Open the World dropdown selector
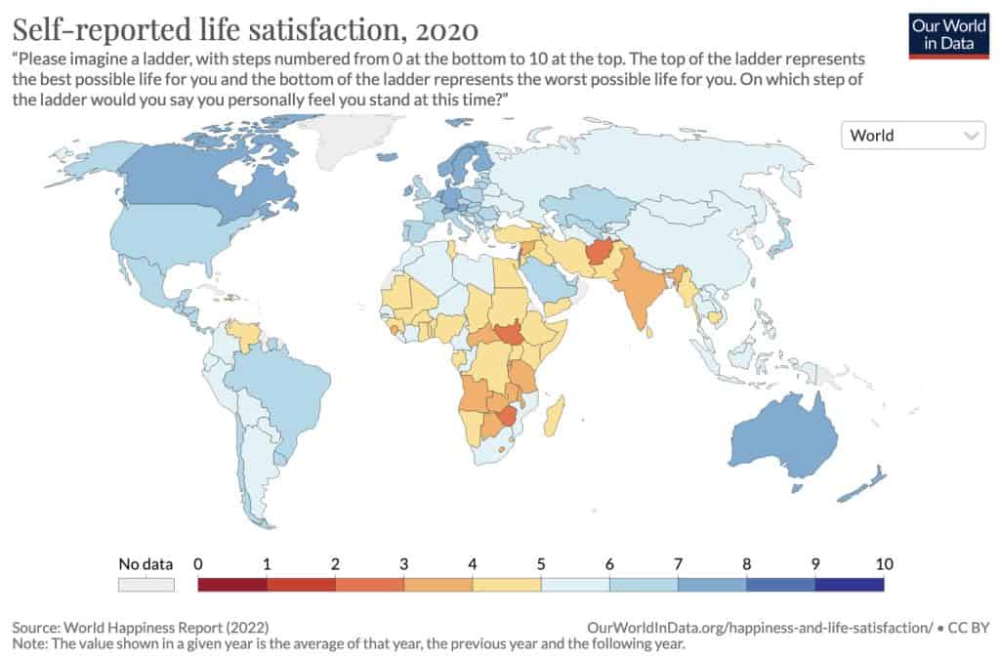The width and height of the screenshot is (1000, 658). click(x=912, y=136)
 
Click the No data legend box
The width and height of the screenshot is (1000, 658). click(x=146, y=584)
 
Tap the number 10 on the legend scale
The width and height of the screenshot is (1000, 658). click(x=884, y=564)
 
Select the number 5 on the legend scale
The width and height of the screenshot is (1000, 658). click(x=541, y=564)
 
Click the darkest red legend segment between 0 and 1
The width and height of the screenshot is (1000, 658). click(x=232, y=584)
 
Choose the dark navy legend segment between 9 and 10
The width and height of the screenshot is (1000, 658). click(x=849, y=584)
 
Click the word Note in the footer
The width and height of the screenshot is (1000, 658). click(x=28, y=643)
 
